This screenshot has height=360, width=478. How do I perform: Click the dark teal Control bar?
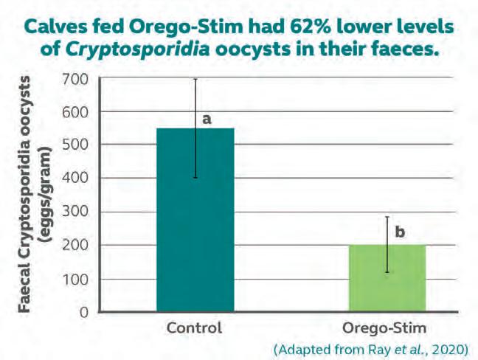click(195, 220)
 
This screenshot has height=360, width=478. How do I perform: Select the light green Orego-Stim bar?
click(387, 278)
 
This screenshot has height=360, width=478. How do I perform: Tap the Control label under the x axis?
click(195, 328)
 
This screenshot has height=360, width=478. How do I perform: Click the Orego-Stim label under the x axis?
click(387, 328)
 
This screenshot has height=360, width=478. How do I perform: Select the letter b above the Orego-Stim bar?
click(400, 232)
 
